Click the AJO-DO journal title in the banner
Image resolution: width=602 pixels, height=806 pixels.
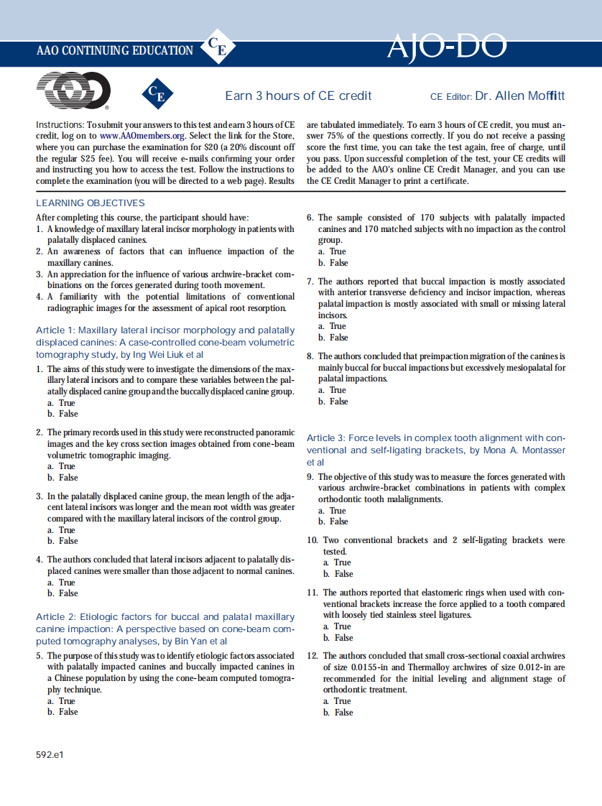pyautogui.click(x=446, y=48)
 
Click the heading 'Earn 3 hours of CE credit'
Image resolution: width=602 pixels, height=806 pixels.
pyautogui.click(x=298, y=96)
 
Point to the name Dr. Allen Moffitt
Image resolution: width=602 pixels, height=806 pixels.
pyautogui.click(x=519, y=96)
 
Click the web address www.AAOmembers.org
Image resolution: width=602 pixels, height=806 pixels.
pyautogui.click(x=134, y=136)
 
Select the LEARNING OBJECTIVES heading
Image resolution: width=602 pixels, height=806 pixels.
pyautogui.click(x=90, y=203)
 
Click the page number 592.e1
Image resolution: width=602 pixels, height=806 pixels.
pyautogui.click(x=50, y=755)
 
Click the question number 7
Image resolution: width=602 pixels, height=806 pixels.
pyautogui.click(x=310, y=282)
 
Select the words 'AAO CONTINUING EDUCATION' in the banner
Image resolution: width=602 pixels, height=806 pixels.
pyautogui.click(x=114, y=50)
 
